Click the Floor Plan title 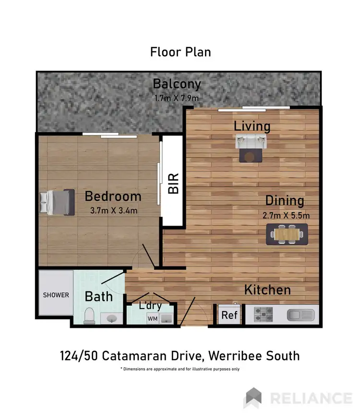click(x=180, y=52)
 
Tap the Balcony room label click(x=177, y=84)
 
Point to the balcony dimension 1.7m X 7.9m click(x=177, y=98)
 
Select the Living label click(x=252, y=126)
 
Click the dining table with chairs click(x=287, y=234)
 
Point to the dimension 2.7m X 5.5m click(x=287, y=215)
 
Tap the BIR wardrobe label click(x=173, y=183)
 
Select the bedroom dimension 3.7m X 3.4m click(x=114, y=210)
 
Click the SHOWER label click(x=56, y=295)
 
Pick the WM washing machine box click(x=152, y=318)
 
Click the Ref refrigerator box click(x=229, y=316)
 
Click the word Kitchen click(x=267, y=290)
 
